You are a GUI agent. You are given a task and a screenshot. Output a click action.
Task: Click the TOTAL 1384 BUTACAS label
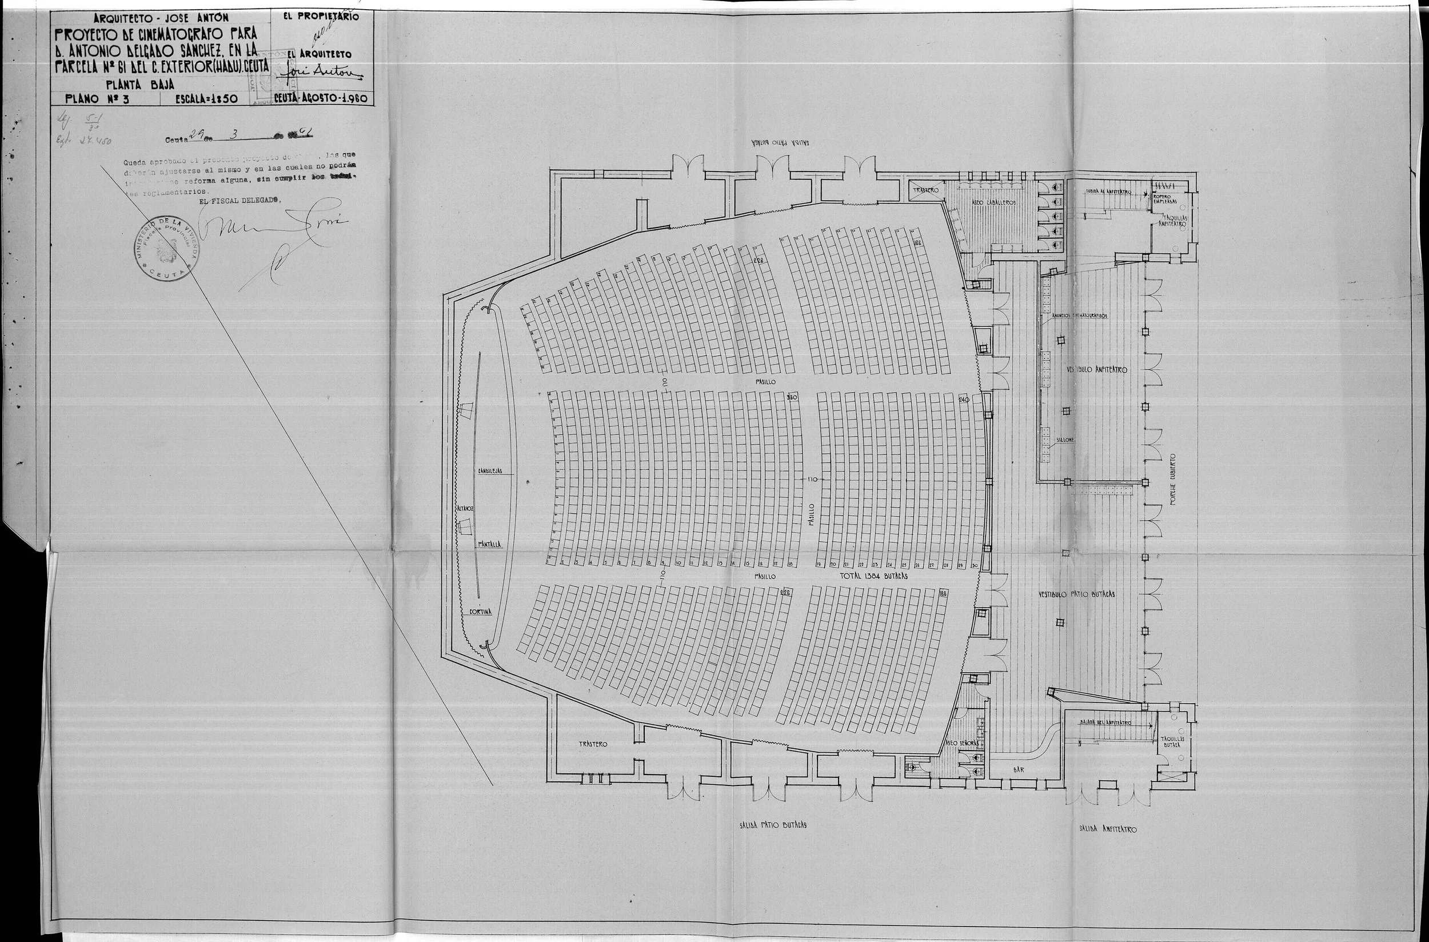[x=873, y=575]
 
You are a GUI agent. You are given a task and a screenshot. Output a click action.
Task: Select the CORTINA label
[x=480, y=611]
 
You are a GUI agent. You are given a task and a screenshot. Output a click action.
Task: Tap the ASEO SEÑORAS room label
[x=965, y=743]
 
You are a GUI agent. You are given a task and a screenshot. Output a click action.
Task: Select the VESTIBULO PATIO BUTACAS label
[x=1077, y=593]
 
